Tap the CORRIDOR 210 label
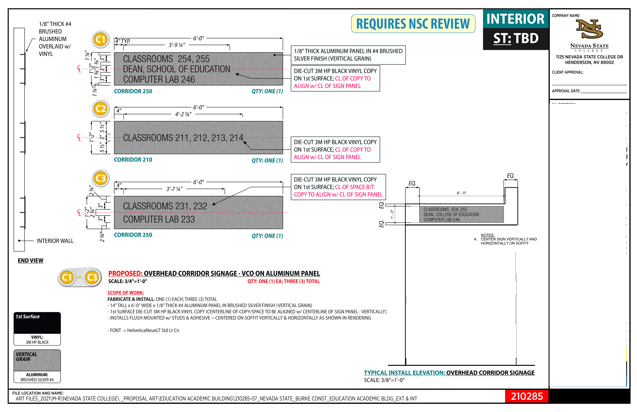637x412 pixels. coord(133,160)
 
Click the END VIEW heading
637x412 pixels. coord(30,261)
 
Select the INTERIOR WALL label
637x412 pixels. coord(55,241)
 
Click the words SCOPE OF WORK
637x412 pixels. coord(126,293)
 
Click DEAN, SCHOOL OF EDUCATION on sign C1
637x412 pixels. coord(176,69)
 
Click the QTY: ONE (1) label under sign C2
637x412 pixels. coord(267,161)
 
